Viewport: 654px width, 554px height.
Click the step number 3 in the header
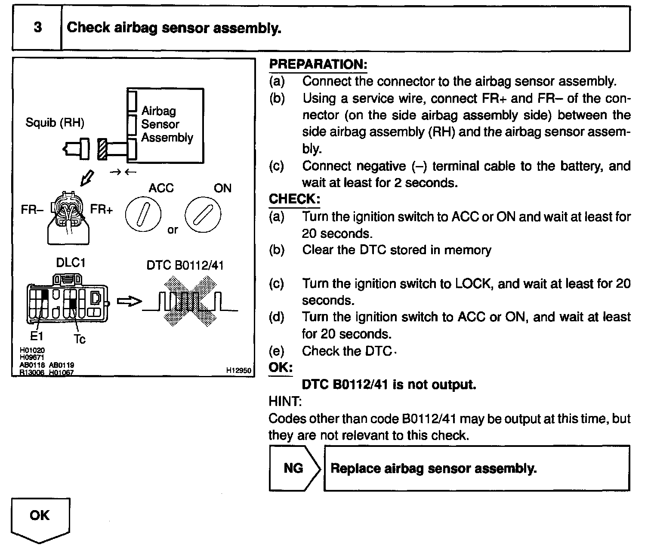click(x=38, y=28)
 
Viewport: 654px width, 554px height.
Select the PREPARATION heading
click(x=318, y=65)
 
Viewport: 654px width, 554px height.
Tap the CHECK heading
click(x=294, y=199)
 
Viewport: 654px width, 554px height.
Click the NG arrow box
click(x=294, y=468)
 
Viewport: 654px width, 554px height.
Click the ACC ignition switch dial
click(x=143, y=214)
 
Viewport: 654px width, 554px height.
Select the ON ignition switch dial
click(x=203, y=214)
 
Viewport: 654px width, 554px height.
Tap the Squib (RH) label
click(x=55, y=123)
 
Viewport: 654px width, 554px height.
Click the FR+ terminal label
click(x=102, y=210)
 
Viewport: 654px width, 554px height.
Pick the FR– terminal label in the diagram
click(x=32, y=210)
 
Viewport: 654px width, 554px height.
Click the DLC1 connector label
click(x=71, y=263)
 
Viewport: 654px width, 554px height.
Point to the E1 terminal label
click(x=37, y=336)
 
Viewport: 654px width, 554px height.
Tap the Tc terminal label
click(x=80, y=339)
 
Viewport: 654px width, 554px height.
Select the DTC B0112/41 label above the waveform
click(x=185, y=265)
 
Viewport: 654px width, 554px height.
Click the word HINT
click(x=285, y=401)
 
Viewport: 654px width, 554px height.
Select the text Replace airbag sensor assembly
click(x=433, y=468)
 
